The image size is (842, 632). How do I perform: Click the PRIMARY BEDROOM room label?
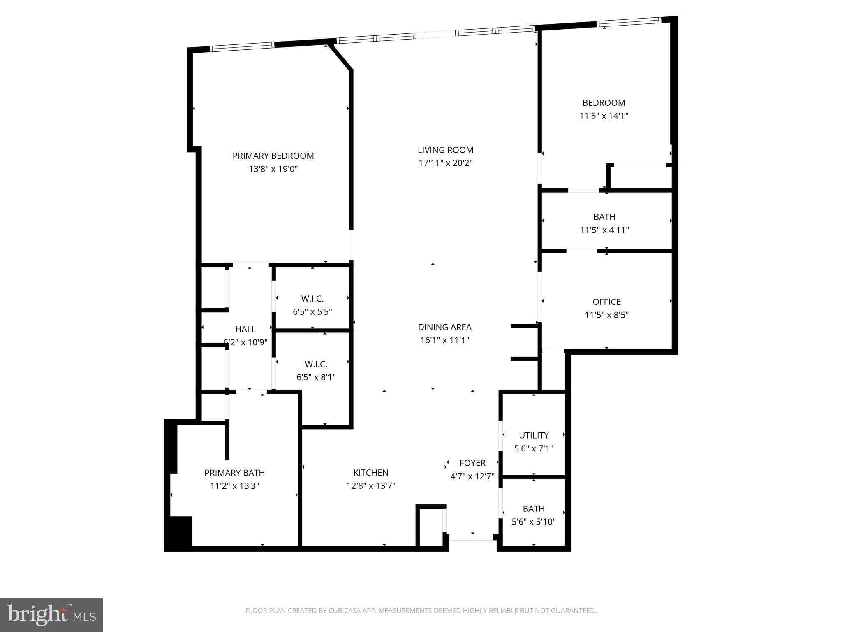coord(273,156)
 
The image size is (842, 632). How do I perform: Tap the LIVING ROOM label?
coord(445,150)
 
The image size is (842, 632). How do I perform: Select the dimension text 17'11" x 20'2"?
coord(445,163)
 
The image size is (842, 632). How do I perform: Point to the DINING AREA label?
coord(444,327)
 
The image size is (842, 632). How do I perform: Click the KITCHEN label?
coord(371,473)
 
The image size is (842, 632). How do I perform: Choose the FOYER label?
coord(472,463)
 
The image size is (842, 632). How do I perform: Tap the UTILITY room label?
coord(534,435)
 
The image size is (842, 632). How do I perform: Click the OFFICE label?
coord(606,302)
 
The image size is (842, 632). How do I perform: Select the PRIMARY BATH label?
coord(234,473)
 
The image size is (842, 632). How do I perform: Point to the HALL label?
coord(245,329)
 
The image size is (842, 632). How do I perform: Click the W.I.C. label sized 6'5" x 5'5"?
coord(312,299)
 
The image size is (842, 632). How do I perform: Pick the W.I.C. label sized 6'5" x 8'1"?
coord(316,364)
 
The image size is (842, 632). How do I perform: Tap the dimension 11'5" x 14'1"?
coord(604,116)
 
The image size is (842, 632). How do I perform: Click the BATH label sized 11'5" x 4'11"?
coord(604,217)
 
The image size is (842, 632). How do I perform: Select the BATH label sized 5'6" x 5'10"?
coord(534,509)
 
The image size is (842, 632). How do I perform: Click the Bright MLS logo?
coord(51,615)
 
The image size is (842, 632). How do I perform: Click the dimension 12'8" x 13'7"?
coord(371,486)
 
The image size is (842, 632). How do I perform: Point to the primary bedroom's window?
coord(242,46)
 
